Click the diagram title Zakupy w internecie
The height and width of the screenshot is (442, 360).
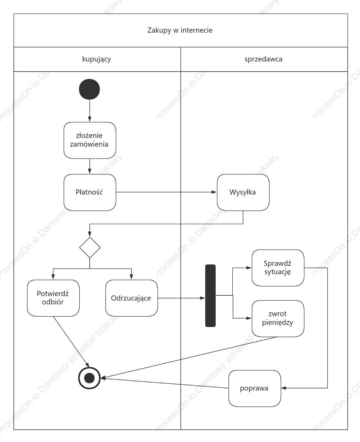tap(180, 30)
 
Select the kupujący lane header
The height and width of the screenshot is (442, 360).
tap(97, 59)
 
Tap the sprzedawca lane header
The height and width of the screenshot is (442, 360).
tap(264, 59)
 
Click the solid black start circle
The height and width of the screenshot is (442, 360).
tap(89, 89)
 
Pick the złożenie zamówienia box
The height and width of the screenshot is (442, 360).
tap(90, 140)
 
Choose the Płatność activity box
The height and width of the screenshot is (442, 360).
tap(90, 193)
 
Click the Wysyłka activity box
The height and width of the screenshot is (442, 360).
tap(243, 193)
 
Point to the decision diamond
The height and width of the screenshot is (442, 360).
tap(90, 247)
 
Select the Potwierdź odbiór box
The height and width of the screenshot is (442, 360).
tap(53, 298)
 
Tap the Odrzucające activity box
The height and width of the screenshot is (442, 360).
tap(131, 298)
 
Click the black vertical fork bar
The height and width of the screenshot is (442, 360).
tap(210, 295)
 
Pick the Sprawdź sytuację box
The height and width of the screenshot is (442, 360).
tap(278, 268)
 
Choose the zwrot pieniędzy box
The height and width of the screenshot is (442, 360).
tap(278, 318)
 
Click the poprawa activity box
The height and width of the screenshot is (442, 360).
tap(255, 388)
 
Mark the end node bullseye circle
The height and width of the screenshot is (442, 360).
tap(89, 378)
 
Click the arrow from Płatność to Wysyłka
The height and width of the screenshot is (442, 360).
tap(166, 192)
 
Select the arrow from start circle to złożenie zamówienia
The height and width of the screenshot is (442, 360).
tap(89, 111)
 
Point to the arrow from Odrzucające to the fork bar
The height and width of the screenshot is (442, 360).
tap(181, 298)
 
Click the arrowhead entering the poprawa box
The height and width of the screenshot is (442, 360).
tap(283, 388)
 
